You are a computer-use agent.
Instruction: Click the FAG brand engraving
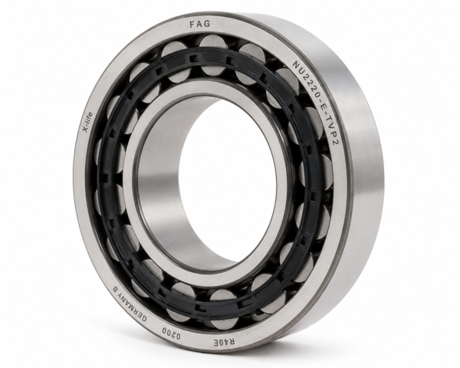coord(200,24)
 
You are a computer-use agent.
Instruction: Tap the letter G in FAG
coord(207,24)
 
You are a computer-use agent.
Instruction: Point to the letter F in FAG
coord(192,25)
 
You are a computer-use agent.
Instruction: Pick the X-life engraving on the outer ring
coord(87,122)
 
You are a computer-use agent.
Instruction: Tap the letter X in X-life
coord(86,129)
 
